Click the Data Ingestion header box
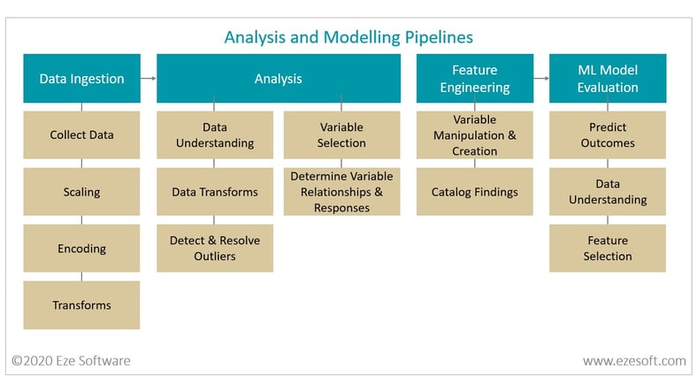point(81,78)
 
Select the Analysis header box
point(279,78)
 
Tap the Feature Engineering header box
point(475,78)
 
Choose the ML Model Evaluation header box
point(608,78)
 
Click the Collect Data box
point(81,135)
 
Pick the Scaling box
point(81,191)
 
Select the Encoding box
point(81,248)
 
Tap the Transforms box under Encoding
point(81,305)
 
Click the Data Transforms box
point(215,191)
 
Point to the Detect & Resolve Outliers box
point(215,248)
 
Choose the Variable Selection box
point(341,135)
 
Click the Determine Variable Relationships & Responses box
point(341,191)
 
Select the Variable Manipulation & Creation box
point(475,135)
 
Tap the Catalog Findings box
point(475,191)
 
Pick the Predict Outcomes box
point(608,135)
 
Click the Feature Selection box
point(608,248)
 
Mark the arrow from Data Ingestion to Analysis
point(149,78)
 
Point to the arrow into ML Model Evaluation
point(541,78)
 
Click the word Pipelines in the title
point(439,38)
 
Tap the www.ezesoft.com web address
point(634,360)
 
